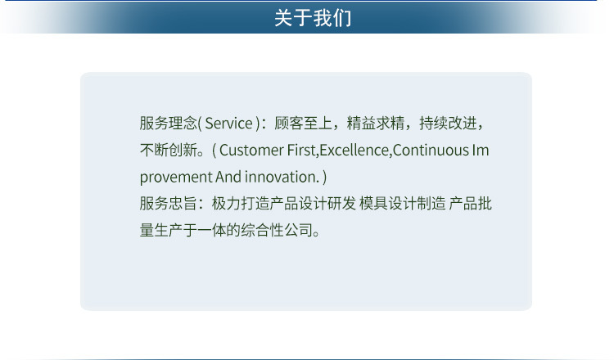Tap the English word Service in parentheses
(x=228, y=124)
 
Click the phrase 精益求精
(x=377, y=124)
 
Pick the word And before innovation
(x=228, y=177)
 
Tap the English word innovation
(x=281, y=177)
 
